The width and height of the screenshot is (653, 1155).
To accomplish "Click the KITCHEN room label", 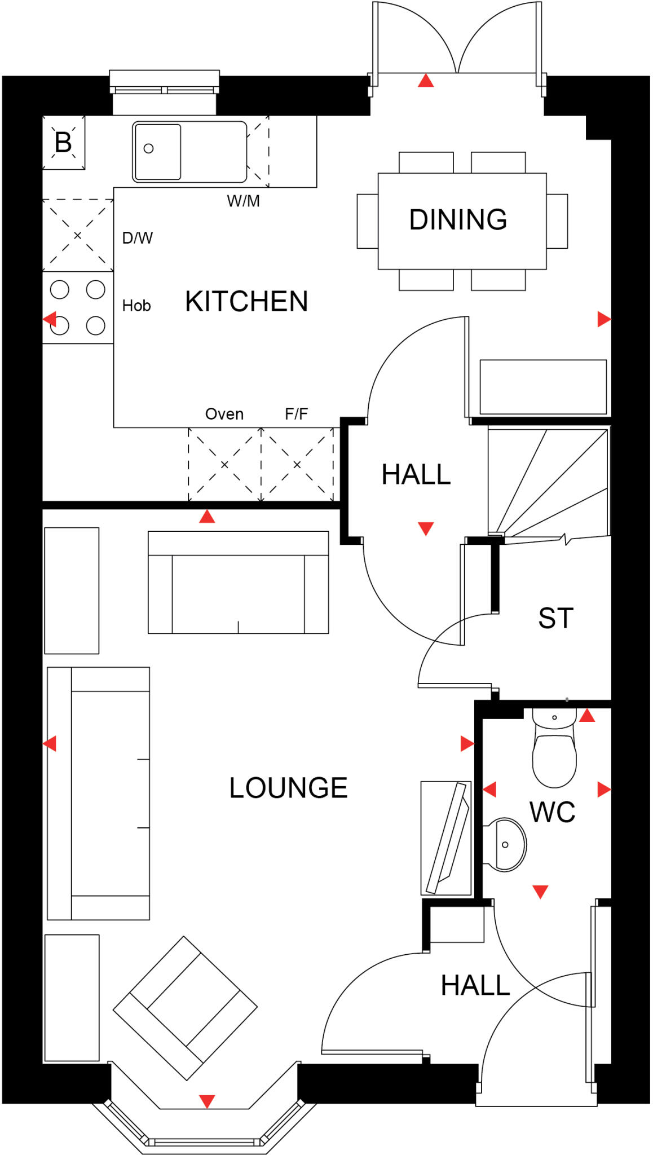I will [x=246, y=301].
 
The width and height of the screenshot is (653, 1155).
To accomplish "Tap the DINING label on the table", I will [x=458, y=219].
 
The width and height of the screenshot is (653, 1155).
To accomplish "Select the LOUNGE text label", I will [x=288, y=788].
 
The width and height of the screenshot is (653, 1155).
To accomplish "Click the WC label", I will [x=552, y=812].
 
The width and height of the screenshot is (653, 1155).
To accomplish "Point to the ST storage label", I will [x=555, y=618].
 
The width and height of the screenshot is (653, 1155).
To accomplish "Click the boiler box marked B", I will [x=63, y=142].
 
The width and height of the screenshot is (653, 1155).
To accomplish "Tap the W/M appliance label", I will [x=243, y=201].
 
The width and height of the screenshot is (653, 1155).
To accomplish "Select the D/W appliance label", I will [x=137, y=238].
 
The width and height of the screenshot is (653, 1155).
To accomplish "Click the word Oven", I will [x=224, y=414].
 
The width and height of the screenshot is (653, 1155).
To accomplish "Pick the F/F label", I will [x=296, y=414].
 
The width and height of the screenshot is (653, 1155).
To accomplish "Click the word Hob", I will [x=136, y=306].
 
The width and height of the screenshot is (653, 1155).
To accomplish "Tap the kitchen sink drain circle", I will [x=148, y=148].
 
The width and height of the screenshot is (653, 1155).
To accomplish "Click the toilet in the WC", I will [x=554, y=750].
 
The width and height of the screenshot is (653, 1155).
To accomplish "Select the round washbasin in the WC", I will [x=506, y=844].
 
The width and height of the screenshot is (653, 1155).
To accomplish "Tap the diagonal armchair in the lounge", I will [x=185, y=1007].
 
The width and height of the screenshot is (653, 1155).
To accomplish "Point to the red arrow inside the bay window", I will [x=207, y=1101].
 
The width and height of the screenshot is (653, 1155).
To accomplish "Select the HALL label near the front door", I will [x=475, y=985].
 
